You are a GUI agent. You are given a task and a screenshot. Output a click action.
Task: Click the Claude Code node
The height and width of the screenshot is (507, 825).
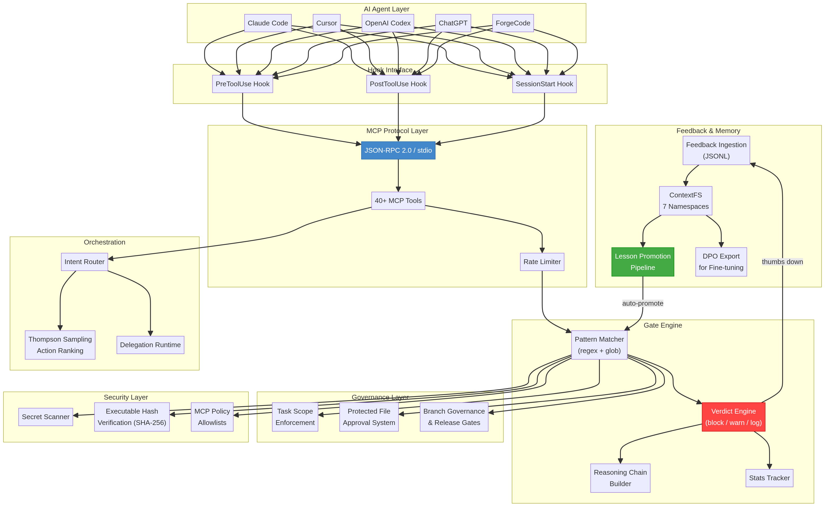(268, 23)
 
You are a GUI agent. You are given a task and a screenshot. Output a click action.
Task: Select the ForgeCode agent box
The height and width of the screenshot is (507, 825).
(513, 23)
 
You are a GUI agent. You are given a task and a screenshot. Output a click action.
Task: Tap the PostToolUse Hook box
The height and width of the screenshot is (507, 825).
(398, 84)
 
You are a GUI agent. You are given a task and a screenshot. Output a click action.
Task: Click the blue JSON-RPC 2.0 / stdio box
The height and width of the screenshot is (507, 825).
(398, 150)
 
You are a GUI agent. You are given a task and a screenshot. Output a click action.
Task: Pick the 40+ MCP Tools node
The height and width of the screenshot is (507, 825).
(398, 201)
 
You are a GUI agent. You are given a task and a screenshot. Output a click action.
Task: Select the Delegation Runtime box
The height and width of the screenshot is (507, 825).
(150, 345)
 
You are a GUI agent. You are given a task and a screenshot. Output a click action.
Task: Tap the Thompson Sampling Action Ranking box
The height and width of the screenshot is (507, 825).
(60, 345)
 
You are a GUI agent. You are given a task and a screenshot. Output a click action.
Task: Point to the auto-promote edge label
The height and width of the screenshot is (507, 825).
(642, 303)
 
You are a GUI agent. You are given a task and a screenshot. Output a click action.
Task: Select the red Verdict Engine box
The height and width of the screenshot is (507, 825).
(733, 417)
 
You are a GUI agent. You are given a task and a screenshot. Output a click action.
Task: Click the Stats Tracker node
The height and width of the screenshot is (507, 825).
(769, 478)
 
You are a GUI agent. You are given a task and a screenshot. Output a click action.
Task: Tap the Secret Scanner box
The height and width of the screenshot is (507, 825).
(45, 417)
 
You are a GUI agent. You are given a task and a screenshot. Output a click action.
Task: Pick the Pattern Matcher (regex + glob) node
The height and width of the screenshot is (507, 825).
(599, 345)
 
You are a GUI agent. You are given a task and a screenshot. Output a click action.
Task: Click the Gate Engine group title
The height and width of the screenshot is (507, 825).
(662, 325)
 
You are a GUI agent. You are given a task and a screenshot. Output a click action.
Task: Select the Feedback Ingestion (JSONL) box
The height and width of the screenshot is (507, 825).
(716, 150)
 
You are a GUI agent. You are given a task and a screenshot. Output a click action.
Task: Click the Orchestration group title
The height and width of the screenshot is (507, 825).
(104, 242)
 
